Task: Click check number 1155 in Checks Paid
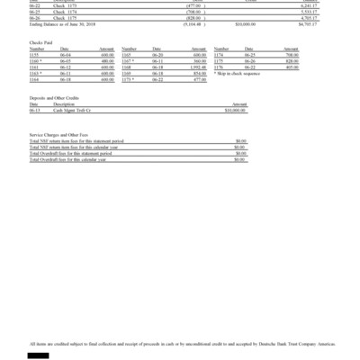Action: coord(33,55)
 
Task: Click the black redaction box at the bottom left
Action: coord(38,355)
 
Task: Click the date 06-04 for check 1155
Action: coord(64,55)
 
